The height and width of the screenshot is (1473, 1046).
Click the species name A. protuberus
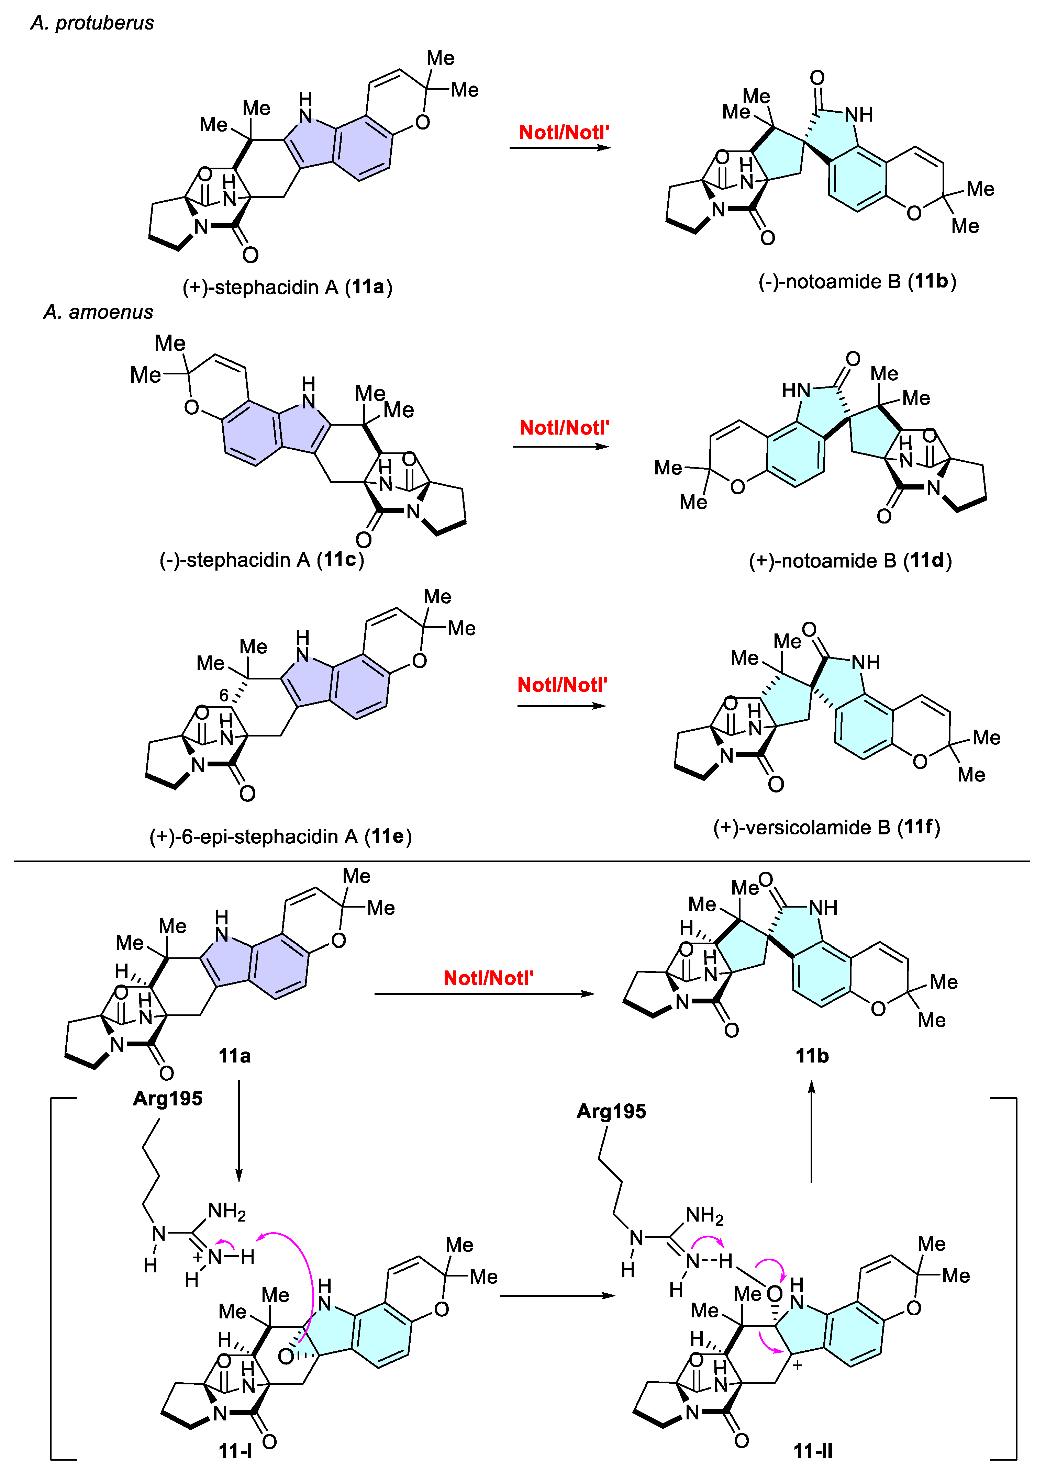pos(92,23)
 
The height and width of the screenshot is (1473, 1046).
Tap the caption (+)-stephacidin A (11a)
pos(287,287)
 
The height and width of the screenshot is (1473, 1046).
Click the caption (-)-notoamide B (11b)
pos(857,281)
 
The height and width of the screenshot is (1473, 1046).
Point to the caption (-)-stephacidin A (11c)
pos(261,560)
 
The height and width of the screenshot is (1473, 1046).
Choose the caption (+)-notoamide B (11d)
pos(850,561)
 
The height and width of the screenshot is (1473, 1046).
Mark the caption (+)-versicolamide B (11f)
pos(826,827)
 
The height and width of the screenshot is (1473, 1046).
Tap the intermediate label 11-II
pos(813,1451)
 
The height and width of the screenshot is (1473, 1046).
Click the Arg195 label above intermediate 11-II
pos(611,1111)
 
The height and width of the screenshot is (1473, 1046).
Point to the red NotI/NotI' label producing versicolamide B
pos(562,685)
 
